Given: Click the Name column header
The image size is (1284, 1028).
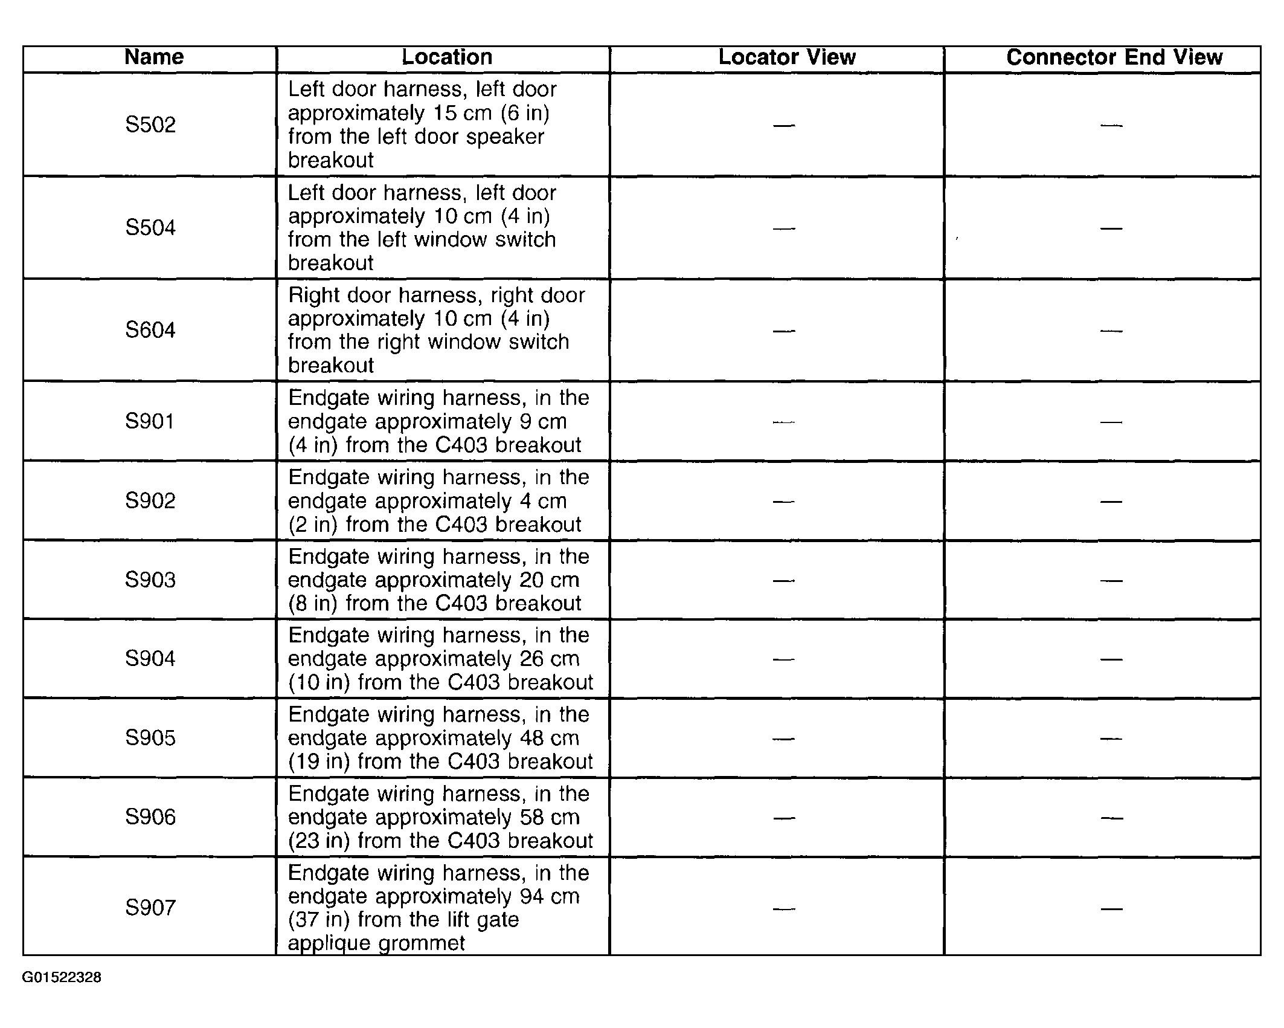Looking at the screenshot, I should click(153, 57).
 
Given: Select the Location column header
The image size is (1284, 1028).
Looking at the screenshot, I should click(446, 57).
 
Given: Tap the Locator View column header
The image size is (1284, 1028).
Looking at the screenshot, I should click(786, 57).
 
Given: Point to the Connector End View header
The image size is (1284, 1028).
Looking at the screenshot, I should click(1114, 57).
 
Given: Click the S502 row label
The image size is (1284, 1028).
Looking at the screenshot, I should click(150, 125).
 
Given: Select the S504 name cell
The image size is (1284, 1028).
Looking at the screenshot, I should click(150, 228).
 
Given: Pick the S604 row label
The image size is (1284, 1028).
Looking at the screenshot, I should click(150, 331).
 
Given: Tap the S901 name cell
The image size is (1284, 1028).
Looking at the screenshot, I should click(150, 421).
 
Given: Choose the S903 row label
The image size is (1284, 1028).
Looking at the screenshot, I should click(150, 580).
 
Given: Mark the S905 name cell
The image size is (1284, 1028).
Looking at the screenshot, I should click(150, 738).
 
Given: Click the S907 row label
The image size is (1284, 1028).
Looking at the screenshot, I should click(150, 908).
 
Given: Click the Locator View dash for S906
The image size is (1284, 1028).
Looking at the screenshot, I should click(783, 818).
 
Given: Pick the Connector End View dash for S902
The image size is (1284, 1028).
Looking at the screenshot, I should click(1111, 502).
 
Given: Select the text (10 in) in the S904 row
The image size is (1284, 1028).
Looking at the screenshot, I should click(319, 682).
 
